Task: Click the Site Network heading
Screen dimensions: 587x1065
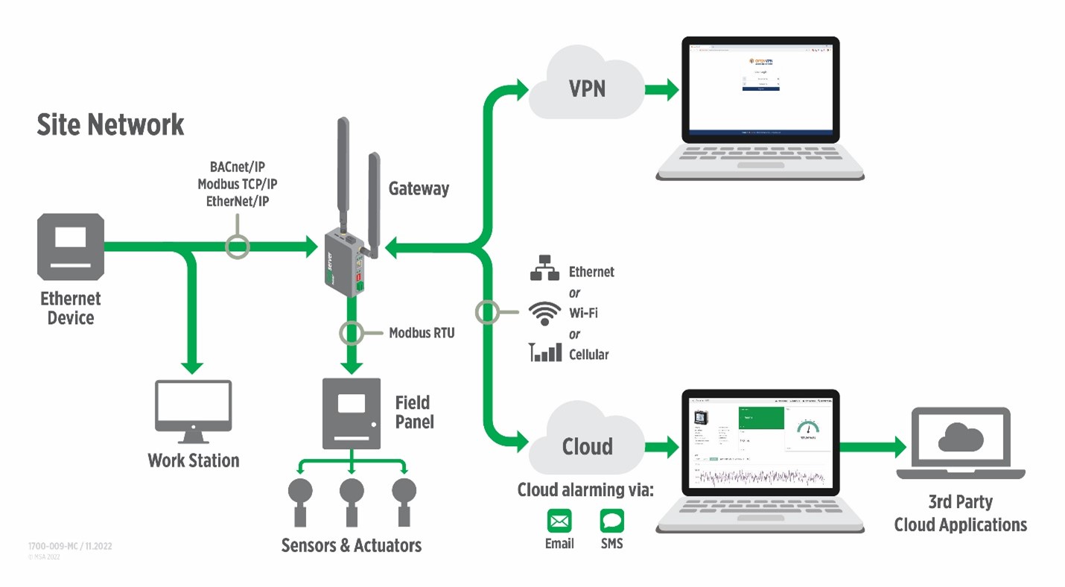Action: tap(110, 124)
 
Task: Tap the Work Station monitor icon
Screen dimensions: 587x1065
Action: tap(194, 406)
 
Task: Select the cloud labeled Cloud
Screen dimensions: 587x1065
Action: tap(586, 445)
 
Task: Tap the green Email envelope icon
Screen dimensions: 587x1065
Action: tap(559, 521)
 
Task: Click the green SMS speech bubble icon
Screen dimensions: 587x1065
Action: tap(611, 521)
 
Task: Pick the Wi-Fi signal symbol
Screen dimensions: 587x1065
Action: tap(544, 313)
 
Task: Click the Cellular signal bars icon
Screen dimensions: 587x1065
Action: tap(545, 352)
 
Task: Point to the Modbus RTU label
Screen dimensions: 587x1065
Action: tap(422, 333)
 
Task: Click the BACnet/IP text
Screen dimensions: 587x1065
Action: tap(237, 167)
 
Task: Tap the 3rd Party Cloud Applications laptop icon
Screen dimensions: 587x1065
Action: tap(961, 444)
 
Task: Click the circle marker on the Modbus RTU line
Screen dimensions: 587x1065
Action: tap(352, 333)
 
